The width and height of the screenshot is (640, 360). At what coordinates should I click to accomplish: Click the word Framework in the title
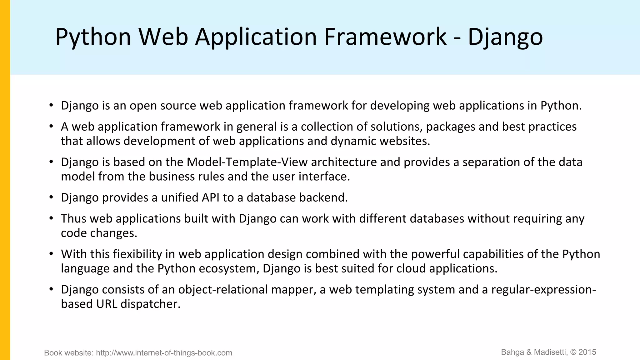click(385, 37)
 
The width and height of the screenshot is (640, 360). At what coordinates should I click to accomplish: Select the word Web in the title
click(163, 37)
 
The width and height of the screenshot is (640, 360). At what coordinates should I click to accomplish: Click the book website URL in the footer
click(164, 353)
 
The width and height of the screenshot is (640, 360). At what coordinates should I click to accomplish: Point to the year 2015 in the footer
click(587, 352)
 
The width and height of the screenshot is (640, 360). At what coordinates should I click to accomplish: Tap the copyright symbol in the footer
click(573, 352)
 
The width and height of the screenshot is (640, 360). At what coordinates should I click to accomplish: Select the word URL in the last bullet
click(107, 304)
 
